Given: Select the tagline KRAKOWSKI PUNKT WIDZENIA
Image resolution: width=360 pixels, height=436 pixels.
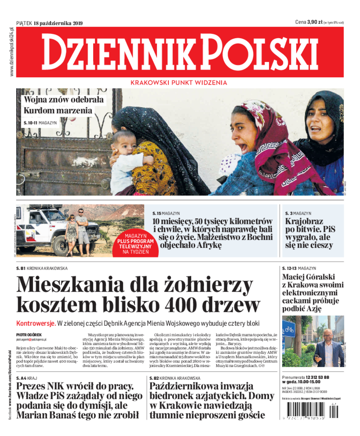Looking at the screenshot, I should pyautogui.click(x=172, y=83).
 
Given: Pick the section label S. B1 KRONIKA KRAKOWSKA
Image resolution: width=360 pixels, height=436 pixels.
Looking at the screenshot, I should pyautogui.click(x=42, y=269).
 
